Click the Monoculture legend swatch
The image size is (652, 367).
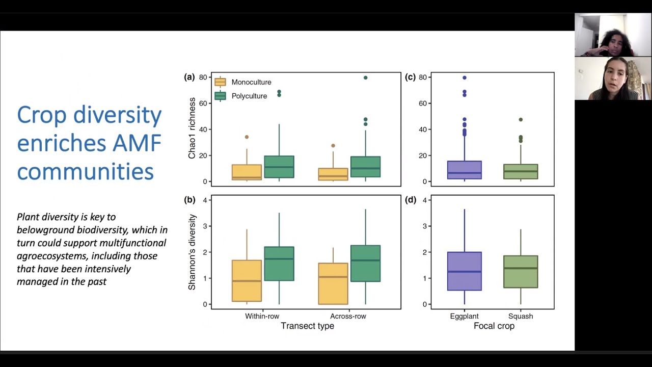click(x=220, y=82)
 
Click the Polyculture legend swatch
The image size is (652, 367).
click(x=220, y=96)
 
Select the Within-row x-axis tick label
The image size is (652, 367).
click(x=262, y=316)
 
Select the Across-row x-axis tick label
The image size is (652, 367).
click(x=348, y=316)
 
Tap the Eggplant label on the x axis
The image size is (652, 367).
click(x=464, y=316)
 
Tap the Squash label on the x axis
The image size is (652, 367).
click(x=521, y=316)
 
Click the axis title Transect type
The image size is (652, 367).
click(x=307, y=326)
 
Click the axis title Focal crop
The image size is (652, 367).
click(x=494, y=326)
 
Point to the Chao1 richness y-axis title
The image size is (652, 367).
click(x=192, y=130)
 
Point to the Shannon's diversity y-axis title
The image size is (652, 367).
click(x=192, y=252)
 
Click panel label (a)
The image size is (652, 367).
click(x=189, y=77)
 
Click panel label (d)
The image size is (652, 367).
click(x=410, y=200)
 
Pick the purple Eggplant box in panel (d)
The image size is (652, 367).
click(x=464, y=271)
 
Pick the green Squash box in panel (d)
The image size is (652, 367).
click(x=521, y=272)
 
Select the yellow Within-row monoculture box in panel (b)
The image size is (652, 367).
click(x=247, y=280)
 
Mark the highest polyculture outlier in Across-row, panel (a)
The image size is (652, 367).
click(x=365, y=77)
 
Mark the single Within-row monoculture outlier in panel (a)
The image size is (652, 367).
click(x=247, y=137)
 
